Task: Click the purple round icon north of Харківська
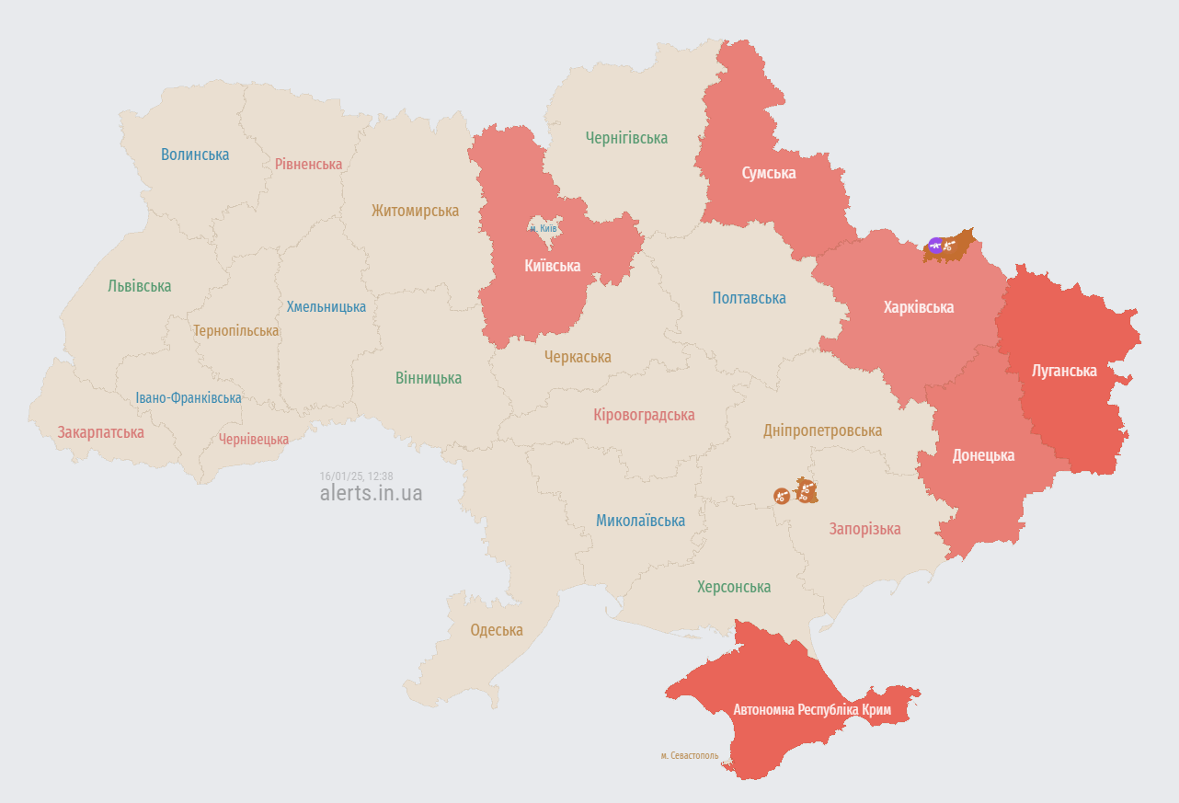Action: pos(935,245)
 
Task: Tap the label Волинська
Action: pos(195,155)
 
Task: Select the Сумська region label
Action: pos(769,173)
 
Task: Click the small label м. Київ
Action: pos(544,227)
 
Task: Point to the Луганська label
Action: pos(1064,371)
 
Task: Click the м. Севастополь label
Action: pos(689,755)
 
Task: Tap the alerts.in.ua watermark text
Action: pos(371,493)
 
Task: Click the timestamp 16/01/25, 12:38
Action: pos(356,476)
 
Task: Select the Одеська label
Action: pos(497,630)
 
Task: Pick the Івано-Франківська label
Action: pos(189,398)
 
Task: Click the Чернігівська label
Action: pos(626,138)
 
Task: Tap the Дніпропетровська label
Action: pos(822,430)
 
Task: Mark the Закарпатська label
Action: pos(100,432)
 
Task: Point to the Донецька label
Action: pos(983,455)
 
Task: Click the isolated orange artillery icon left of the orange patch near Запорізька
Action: pos(781,496)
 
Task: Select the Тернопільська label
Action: pos(235,330)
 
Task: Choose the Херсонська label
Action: pos(733,587)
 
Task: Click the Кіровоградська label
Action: pos(644,415)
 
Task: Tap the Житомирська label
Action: pos(415,211)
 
